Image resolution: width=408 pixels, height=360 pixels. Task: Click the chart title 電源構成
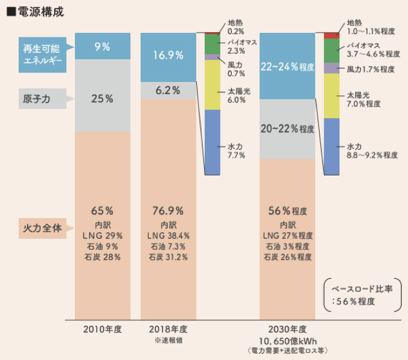(40, 12)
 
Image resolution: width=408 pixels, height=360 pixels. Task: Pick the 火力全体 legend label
(41, 228)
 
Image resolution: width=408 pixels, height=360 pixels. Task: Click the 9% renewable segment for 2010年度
(102, 46)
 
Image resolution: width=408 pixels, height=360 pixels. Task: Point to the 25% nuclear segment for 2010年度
(102, 99)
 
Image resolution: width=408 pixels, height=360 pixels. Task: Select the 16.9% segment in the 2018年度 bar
(168, 55)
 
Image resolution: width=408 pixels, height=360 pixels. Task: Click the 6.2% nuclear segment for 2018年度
(168, 90)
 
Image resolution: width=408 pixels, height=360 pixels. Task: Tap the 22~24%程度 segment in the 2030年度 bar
(287, 66)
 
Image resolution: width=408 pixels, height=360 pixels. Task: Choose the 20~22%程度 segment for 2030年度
(287, 129)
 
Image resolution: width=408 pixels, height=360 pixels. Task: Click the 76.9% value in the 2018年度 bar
(168, 211)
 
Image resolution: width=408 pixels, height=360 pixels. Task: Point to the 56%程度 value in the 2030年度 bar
(287, 211)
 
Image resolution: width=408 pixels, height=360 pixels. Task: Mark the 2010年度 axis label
(102, 328)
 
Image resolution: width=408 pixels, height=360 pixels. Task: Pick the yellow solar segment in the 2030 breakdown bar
(331, 95)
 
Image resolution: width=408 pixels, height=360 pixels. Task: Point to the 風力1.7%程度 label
(371, 69)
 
